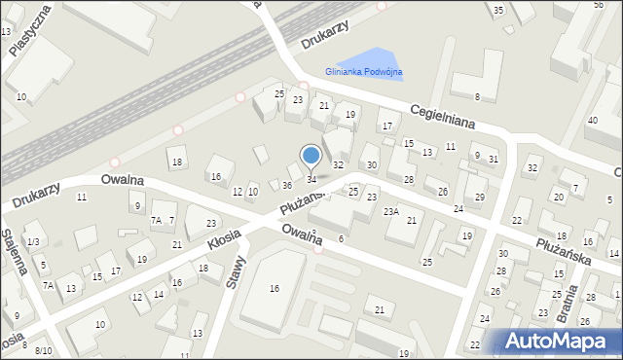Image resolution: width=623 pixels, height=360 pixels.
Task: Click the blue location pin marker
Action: click(311, 156)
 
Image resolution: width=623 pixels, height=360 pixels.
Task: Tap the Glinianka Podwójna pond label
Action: click(364, 72)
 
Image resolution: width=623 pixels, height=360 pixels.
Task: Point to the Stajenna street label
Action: click(13, 254)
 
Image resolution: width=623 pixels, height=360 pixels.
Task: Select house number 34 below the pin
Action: click(311, 179)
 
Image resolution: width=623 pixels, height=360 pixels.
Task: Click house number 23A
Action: click(390, 211)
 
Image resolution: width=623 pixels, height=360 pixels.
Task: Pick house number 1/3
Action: click(33, 241)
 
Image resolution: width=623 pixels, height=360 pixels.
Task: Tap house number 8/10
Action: click(43, 350)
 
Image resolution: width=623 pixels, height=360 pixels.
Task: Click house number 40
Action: click(591, 120)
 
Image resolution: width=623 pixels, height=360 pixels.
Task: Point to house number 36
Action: click(287, 185)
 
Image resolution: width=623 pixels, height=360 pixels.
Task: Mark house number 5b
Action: click(598, 5)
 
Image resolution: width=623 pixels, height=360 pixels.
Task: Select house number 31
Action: click(494, 160)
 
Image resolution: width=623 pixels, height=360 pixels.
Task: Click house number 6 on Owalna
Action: click(341, 238)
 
